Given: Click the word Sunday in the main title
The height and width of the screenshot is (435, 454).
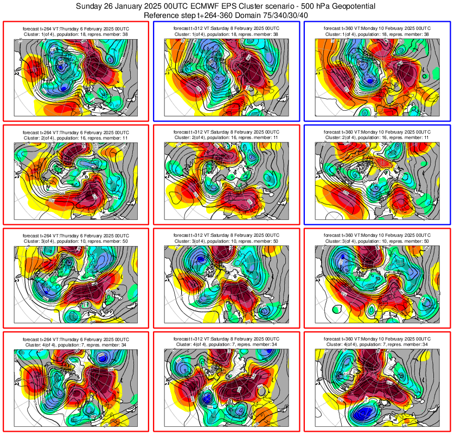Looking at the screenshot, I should click(x=89, y=7).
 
